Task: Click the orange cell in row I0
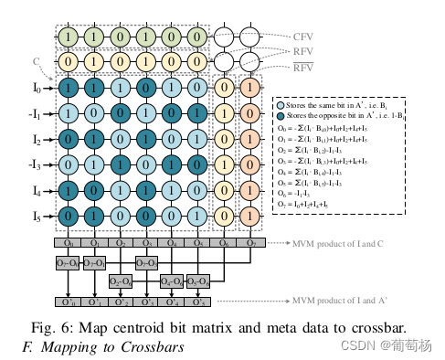click(x=249, y=89)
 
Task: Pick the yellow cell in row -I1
click(x=224, y=115)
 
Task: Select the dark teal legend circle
click(x=280, y=117)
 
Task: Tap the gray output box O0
click(x=68, y=245)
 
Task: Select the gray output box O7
click(x=249, y=245)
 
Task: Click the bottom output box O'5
click(x=198, y=301)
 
